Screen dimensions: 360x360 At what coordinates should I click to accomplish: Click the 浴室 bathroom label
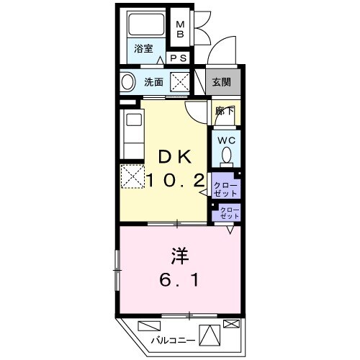click(143, 49)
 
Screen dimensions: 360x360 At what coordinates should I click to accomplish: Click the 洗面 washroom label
click(153, 82)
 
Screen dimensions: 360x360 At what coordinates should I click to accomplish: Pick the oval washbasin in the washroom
click(127, 82)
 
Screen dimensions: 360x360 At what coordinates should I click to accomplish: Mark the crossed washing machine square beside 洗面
click(180, 81)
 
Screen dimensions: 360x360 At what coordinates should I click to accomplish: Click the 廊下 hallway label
click(224, 112)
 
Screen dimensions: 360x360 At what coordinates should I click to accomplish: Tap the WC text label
click(225, 140)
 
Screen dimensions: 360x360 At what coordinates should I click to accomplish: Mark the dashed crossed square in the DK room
click(132, 176)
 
